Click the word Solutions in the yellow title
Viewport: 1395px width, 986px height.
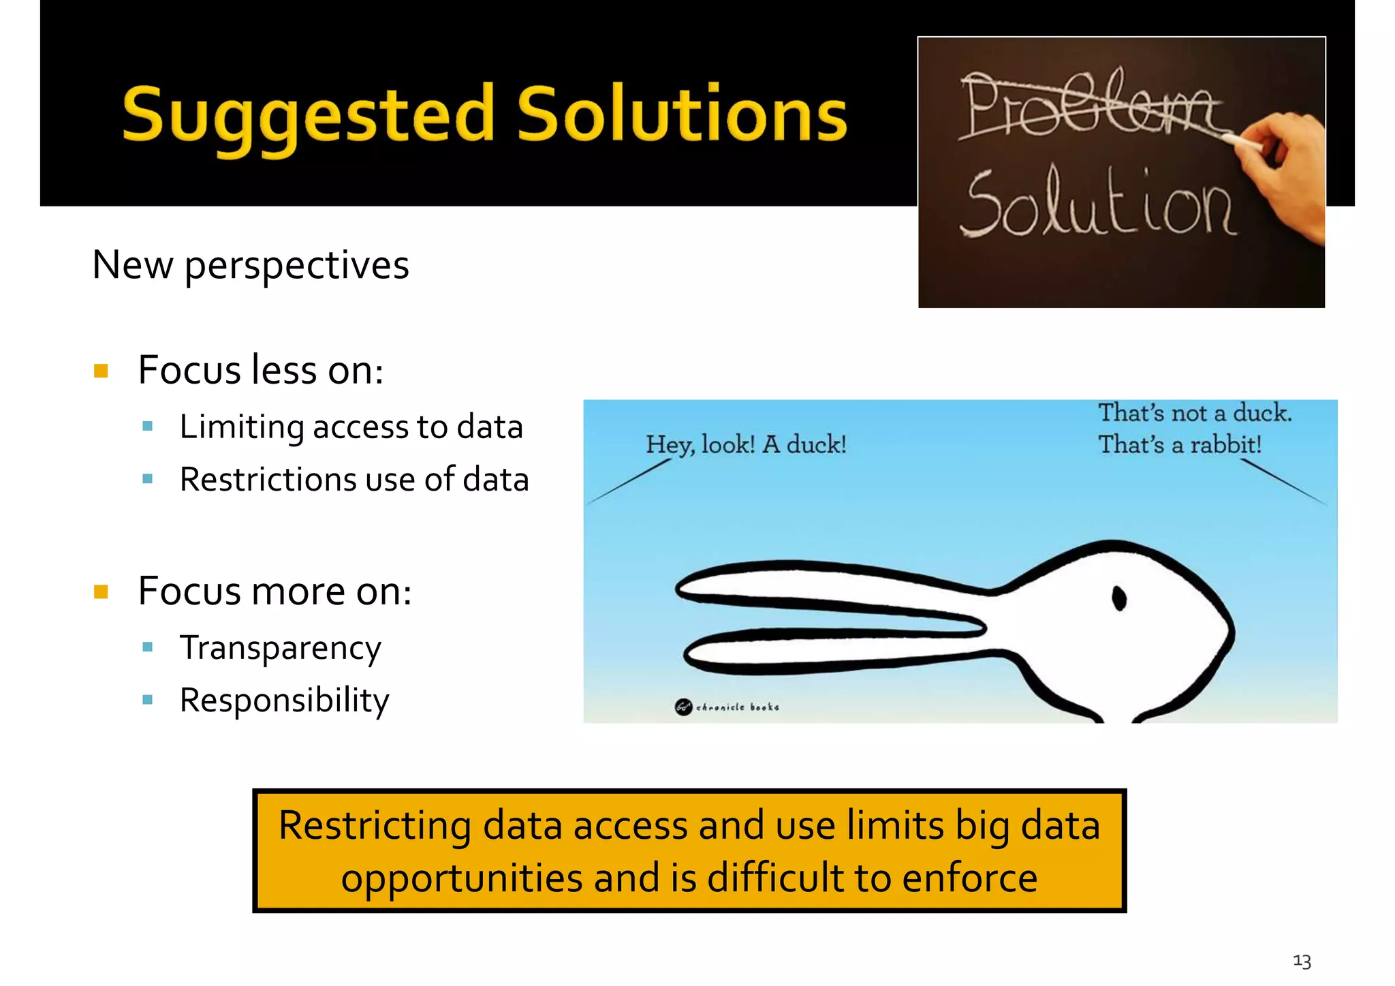click(x=681, y=114)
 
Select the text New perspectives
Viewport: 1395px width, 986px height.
click(x=250, y=265)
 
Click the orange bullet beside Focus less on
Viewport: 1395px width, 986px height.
click(x=101, y=371)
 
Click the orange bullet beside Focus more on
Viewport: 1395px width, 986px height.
click(x=101, y=591)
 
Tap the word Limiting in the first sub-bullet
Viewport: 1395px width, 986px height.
click(x=242, y=428)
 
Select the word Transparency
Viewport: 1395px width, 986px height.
click(x=280, y=649)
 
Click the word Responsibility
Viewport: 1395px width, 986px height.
click(x=284, y=700)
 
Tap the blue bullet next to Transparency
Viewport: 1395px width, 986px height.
click(x=148, y=647)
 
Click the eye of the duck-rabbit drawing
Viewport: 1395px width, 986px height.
click(x=1118, y=599)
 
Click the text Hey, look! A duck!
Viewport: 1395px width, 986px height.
click(x=746, y=445)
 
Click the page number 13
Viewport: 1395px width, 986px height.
click(x=1302, y=961)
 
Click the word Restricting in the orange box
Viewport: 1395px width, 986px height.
click(x=374, y=826)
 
